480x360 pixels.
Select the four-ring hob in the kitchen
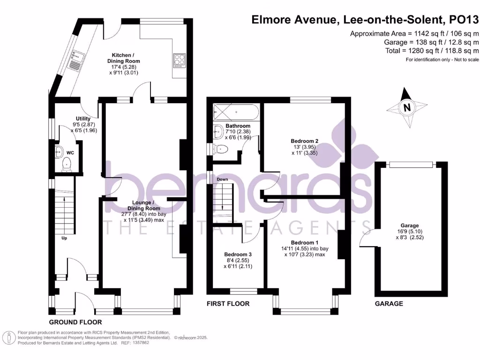click(180, 60)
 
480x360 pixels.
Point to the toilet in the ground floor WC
click(67, 164)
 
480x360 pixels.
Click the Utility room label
click(83, 119)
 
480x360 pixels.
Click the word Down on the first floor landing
click(222, 180)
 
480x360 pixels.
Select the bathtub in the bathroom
click(234, 112)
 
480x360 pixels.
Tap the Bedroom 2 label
click(305, 141)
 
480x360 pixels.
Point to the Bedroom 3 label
click(239, 256)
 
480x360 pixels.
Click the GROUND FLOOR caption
click(75, 322)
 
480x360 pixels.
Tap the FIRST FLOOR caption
click(228, 304)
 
